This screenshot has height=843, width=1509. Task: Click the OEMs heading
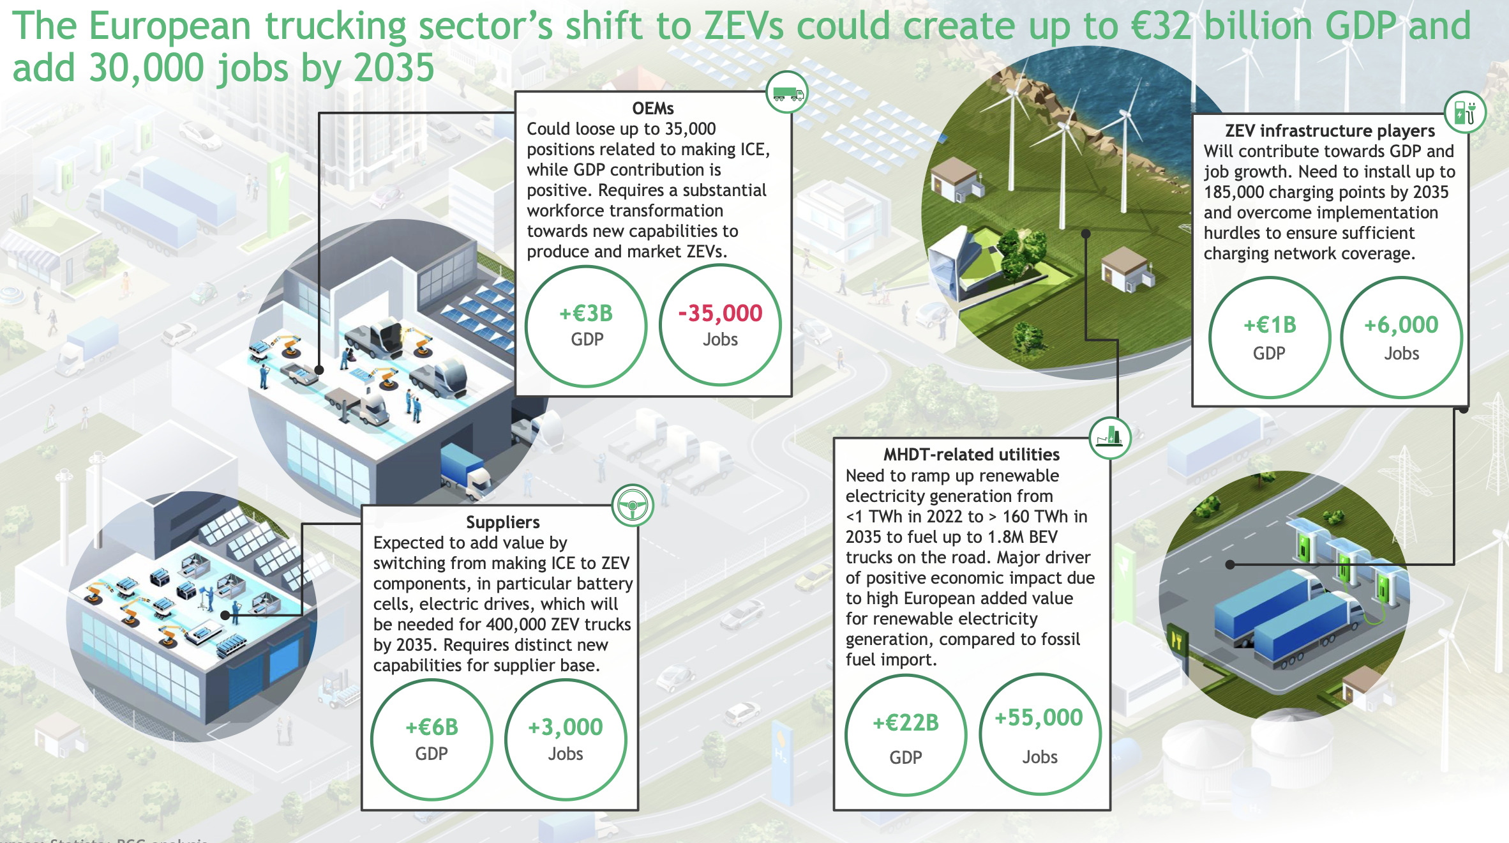[652, 108]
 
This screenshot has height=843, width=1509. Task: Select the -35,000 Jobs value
[720, 314]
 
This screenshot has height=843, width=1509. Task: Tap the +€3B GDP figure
[586, 314]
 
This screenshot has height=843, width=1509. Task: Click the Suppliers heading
[502, 522]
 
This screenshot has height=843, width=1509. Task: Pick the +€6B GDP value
[432, 727]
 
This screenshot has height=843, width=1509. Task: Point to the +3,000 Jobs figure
[565, 727]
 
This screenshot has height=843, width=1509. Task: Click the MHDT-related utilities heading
[971, 454]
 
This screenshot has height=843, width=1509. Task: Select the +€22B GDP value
[906, 723]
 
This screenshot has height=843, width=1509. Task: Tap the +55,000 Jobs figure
[1039, 718]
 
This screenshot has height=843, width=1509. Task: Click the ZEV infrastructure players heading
[1330, 130]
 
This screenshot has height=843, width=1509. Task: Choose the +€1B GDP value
[1270, 326]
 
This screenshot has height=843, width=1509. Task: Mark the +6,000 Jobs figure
[1401, 326]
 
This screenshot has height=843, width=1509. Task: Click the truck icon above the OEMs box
[787, 93]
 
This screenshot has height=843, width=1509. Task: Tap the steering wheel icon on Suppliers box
[632, 506]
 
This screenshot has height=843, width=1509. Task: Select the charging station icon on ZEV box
[1464, 113]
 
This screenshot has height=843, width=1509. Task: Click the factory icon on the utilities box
[1109, 437]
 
